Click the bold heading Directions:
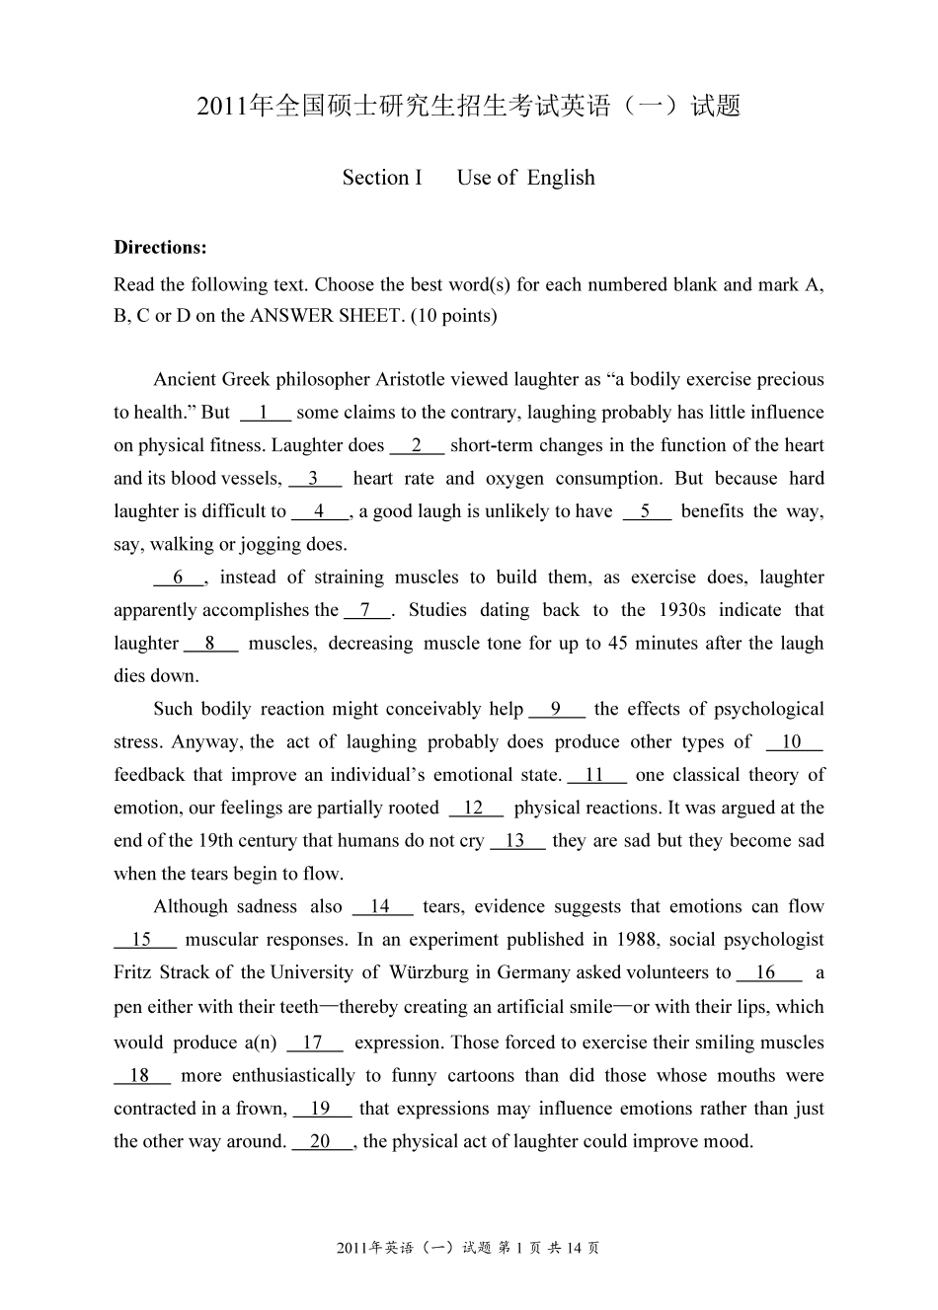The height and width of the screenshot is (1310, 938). point(160,247)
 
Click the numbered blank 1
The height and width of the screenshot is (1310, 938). point(265,413)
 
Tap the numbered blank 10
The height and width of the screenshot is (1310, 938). point(793,742)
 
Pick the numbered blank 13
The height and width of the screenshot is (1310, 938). point(516,841)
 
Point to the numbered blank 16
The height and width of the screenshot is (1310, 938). point(767,972)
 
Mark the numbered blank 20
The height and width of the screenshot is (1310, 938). point(321,1141)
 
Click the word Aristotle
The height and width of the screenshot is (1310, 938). point(413,379)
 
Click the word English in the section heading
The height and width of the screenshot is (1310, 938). point(561,178)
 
